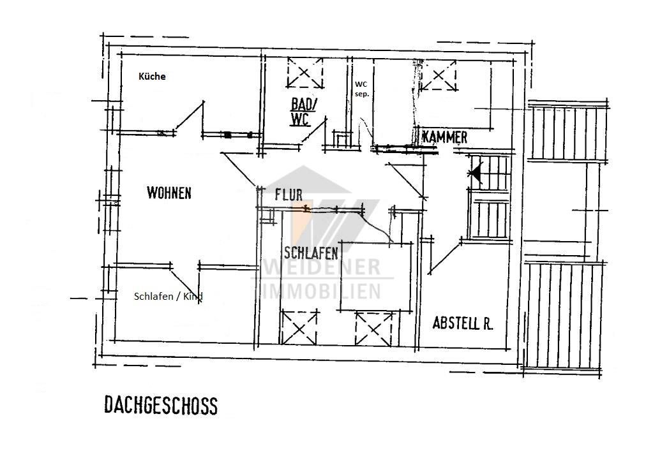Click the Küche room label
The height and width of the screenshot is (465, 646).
coord(152,76)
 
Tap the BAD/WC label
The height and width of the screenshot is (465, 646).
coord(303,112)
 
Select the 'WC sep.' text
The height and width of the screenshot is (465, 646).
coord(362,89)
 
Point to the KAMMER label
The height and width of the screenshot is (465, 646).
coord(445,137)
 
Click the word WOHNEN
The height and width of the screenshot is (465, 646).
coord(169,193)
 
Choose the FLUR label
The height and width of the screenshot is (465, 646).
coord(289,195)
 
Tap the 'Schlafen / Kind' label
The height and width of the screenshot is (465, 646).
coord(169,296)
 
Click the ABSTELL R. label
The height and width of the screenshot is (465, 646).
coord(463,323)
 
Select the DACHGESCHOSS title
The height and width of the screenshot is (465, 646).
coord(161,405)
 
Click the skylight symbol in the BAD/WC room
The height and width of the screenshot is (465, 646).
coord(304,73)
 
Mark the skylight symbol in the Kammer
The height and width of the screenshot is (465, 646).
coord(438,76)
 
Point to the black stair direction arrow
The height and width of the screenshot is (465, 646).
coord(476,173)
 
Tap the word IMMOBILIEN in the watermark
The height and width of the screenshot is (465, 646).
coord(321,292)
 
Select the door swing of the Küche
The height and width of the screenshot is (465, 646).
coord(189,117)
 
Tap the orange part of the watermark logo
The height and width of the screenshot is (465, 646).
coord(298,222)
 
